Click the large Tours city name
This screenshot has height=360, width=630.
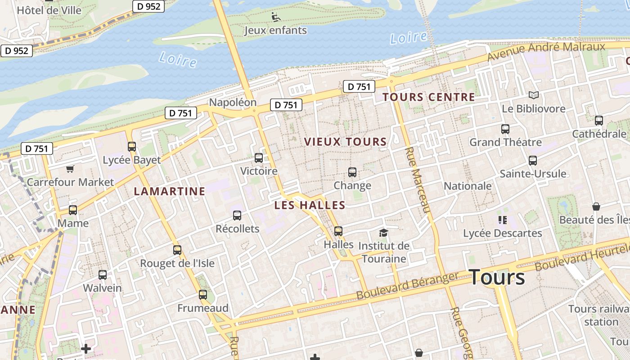click(x=497, y=277)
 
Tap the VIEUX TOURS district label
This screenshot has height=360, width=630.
click(x=345, y=142)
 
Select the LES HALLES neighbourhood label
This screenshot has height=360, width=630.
click(x=310, y=205)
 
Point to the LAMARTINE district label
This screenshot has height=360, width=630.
click(x=169, y=191)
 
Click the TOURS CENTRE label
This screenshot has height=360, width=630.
click(x=428, y=97)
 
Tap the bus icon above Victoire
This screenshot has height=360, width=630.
click(x=259, y=158)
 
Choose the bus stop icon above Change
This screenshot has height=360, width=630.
click(x=352, y=172)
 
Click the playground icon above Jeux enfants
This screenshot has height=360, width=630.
click(x=276, y=18)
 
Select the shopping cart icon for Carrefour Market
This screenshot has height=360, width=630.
click(x=70, y=169)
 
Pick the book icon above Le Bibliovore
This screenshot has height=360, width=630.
click(x=534, y=95)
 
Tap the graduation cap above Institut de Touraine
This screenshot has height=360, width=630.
click(x=383, y=233)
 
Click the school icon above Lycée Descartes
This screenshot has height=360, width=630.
click(x=503, y=220)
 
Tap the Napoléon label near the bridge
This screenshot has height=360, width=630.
click(x=233, y=103)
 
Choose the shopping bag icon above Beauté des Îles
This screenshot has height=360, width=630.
click(x=596, y=207)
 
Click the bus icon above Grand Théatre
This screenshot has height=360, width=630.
click(x=505, y=129)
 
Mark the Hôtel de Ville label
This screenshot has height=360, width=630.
click(x=49, y=10)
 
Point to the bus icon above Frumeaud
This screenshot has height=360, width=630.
click(x=203, y=295)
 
